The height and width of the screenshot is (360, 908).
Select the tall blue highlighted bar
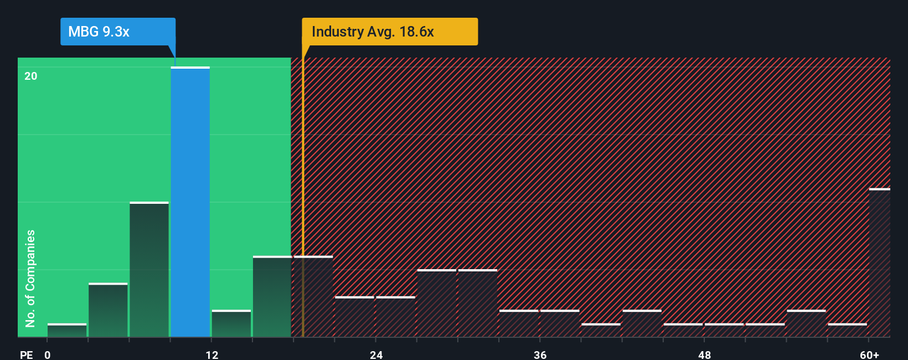[x=190, y=202]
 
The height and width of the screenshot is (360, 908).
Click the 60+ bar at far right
[x=879, y=263]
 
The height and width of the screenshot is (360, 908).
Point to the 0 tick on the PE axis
[x=48, y=354]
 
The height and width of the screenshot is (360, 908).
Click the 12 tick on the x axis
[x=212, y=354]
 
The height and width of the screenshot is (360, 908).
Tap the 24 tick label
[x=376, y=354]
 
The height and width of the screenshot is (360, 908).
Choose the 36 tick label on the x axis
[x=540, y=354]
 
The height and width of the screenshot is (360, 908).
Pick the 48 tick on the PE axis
[x=704, y=354]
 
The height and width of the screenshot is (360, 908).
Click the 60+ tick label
[x=869, y=354]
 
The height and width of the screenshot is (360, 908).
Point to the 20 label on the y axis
[x=31, y=76]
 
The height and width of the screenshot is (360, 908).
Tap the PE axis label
[x=27, y=354]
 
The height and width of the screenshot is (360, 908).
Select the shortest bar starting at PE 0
[x=67, y=330]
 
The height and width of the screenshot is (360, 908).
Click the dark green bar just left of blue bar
[x=149, y=270]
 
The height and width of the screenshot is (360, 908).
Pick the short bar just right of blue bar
[x=231, y=323]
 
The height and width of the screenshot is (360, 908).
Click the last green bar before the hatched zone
[x=272, y=297]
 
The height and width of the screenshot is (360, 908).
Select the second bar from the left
[x=108, y=310]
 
